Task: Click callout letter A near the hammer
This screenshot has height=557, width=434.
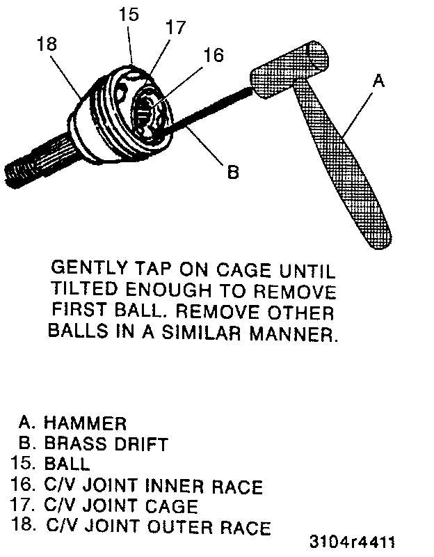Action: click(378, 81)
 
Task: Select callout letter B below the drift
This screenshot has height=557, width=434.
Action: click(233, 171)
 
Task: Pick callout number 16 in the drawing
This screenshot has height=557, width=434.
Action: click(214, 54)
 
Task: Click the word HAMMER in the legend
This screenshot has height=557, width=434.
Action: click(84, 423)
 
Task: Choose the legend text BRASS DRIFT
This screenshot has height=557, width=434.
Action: click(106, 443)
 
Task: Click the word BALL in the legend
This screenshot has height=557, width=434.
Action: click(67, 464)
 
